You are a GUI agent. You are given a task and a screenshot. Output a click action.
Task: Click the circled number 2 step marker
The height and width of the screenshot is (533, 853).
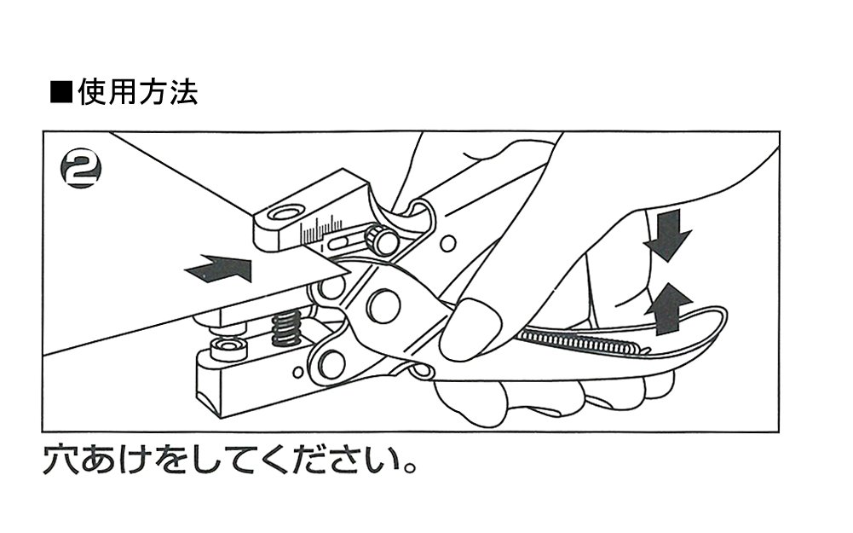click(x=82, y=170)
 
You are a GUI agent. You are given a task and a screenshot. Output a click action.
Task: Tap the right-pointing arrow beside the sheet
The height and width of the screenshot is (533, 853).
click(x=220, y=269)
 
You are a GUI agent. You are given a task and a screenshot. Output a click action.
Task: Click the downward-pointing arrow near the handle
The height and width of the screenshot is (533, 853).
click(x=666, y=235)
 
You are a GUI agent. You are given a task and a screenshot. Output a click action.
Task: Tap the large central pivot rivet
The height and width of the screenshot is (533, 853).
click(x=383, y=305)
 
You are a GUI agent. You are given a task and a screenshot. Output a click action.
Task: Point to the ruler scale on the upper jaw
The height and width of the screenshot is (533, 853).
click(x=320, y=228)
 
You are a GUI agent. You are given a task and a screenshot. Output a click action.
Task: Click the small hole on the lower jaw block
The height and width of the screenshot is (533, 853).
click(x=297, y=372)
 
